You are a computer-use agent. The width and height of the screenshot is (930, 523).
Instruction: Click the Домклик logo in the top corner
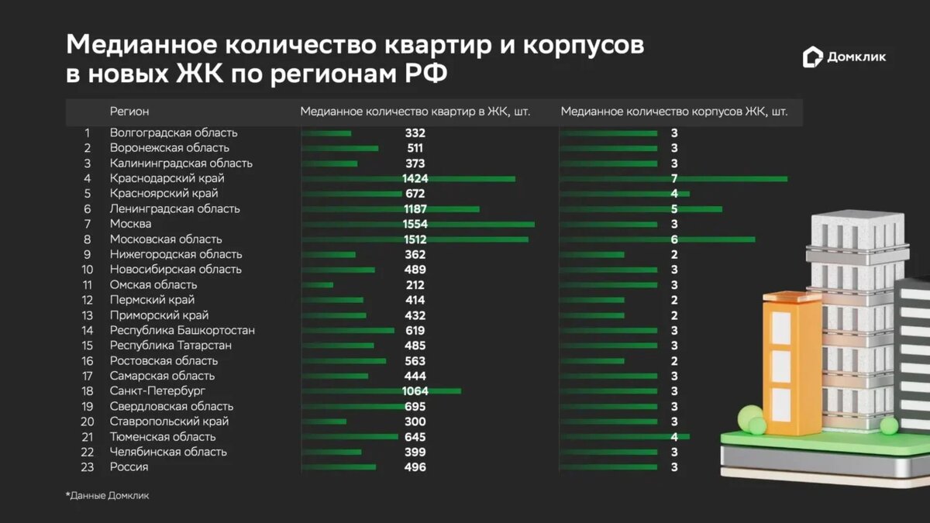844,57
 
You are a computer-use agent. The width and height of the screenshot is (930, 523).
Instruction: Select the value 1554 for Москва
415,224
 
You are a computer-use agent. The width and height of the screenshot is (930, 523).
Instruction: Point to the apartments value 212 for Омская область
415,284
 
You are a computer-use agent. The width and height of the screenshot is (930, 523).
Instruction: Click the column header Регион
129,112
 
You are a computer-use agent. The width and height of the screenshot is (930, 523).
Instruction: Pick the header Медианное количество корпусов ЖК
673,112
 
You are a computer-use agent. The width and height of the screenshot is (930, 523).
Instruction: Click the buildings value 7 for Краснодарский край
674,178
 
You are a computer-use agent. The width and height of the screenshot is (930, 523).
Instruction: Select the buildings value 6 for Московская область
674,239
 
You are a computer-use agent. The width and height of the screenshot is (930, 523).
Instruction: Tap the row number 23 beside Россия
87,467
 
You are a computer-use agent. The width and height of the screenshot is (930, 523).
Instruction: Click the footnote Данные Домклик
108,496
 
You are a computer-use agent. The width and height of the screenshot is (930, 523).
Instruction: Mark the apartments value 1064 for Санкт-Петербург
415,391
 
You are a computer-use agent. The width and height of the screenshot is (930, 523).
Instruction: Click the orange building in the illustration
791,364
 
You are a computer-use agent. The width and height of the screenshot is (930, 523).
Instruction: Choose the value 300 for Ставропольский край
415,421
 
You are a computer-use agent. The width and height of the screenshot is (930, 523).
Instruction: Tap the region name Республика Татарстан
164,346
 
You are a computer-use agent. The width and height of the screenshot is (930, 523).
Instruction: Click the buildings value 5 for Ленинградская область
674,209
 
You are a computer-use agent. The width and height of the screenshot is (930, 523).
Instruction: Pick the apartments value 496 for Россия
415,467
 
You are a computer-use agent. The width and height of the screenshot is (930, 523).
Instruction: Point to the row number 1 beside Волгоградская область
88,132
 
